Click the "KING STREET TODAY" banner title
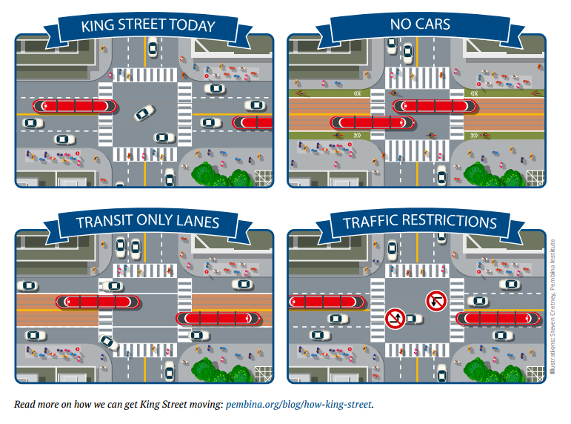[147, 26]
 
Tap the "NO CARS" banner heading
[420, 24]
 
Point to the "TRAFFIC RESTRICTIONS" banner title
[419, 222]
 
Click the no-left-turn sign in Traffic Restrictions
[435, 300]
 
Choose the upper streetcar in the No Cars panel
[433, 106]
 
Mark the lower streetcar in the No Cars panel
[371, 122]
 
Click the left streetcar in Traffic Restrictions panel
[325, 302]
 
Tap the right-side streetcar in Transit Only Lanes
[218, 318]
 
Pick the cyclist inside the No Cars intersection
[431, 136]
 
